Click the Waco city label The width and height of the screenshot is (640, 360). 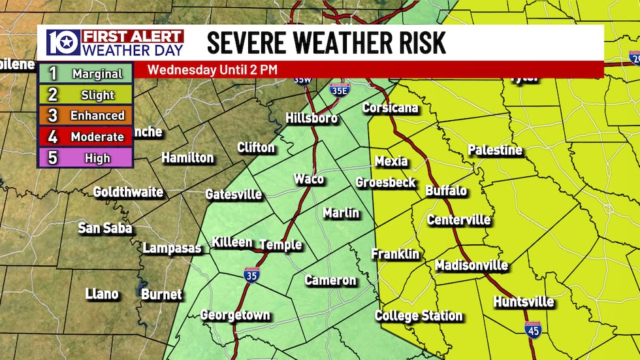pos(308,179)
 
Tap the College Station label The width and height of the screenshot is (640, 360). pos(419,316)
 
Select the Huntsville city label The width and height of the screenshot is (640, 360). pos(524,302)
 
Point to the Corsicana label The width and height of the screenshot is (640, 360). pos(390,108)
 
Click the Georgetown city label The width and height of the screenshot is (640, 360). pos(235,315)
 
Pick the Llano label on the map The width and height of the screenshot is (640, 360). pos(102,294)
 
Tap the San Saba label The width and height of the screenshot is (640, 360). pos(105,228)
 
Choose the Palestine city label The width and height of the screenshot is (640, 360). pos(495,150)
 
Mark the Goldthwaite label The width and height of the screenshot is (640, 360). pos(128,192)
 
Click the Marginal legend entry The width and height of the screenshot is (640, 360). pos(86,74)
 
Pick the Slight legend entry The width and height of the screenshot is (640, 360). pos(86,95)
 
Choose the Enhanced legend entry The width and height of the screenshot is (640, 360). pos(86,116)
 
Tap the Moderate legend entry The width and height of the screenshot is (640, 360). pos(86,137)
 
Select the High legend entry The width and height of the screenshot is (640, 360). pos(86,157)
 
